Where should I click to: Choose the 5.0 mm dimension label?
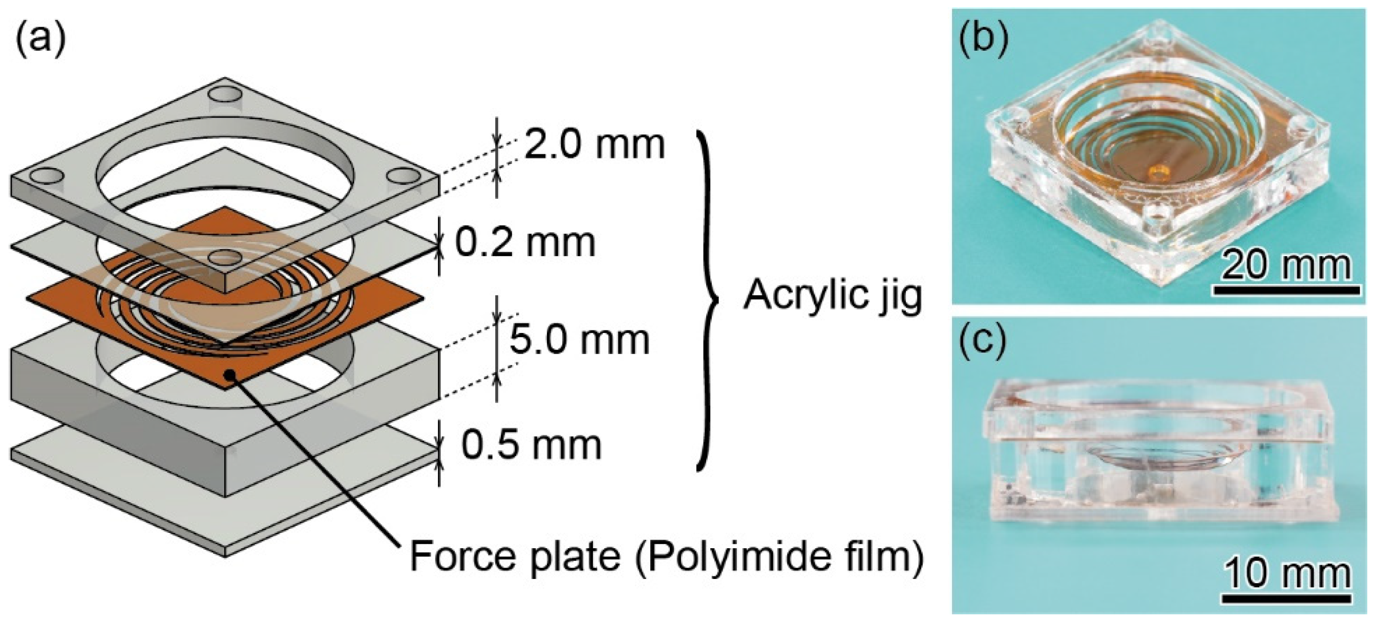coord(580,340)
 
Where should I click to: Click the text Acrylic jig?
coord(833,296)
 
